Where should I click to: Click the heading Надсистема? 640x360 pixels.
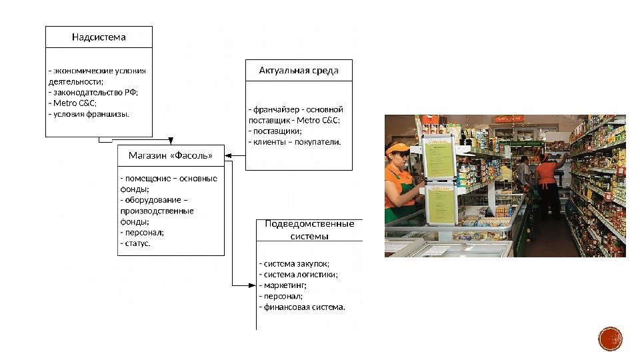coord(99,37)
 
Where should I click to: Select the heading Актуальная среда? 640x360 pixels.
coord(299,70)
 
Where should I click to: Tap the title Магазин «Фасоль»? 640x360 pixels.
coord(171,155)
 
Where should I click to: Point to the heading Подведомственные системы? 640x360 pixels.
coord(309,229)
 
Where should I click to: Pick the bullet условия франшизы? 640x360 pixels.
coord(89,114)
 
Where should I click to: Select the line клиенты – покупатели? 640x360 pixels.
coord(294,141)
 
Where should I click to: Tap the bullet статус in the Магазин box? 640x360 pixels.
coord(135,243)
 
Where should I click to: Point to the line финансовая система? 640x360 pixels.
coord(302,307)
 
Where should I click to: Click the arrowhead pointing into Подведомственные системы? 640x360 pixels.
coord(253,285)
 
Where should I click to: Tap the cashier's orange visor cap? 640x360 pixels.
coord(398,148)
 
